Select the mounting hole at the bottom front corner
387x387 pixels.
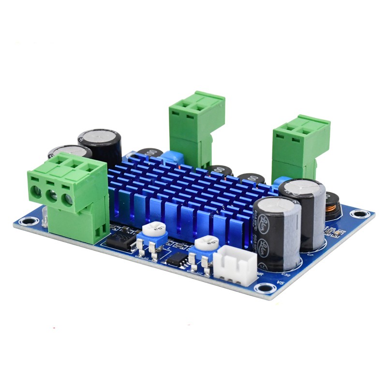coord(262,289)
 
